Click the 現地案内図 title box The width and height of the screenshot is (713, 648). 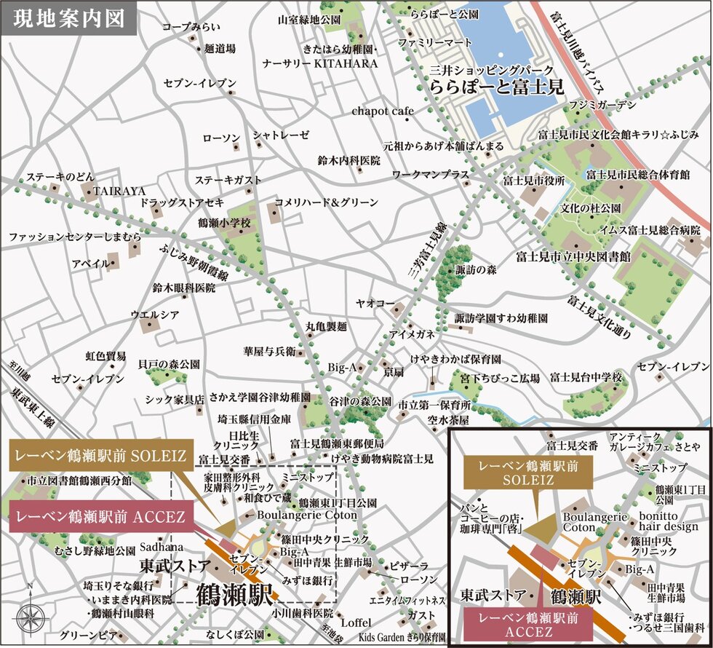coord(69,18)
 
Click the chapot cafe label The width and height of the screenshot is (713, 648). coord(382,111)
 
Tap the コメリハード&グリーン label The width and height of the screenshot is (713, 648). coord(326,202)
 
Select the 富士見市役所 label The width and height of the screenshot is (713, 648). coord(533,180)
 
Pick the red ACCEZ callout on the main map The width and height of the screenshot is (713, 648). coord(100,518)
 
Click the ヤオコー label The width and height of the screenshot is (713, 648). coord(375,303)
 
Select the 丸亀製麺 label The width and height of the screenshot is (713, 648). coord(326,325)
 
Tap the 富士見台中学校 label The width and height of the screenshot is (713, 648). coord(586,377)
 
